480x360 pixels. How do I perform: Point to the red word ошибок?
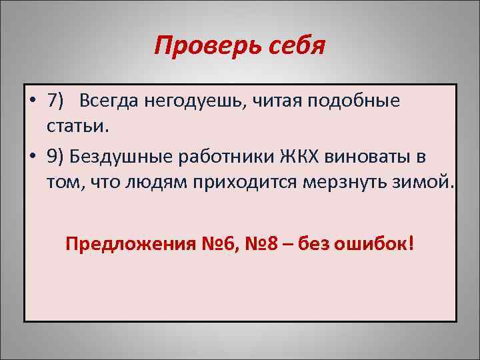pyautogui.click(x=373, y=243)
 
